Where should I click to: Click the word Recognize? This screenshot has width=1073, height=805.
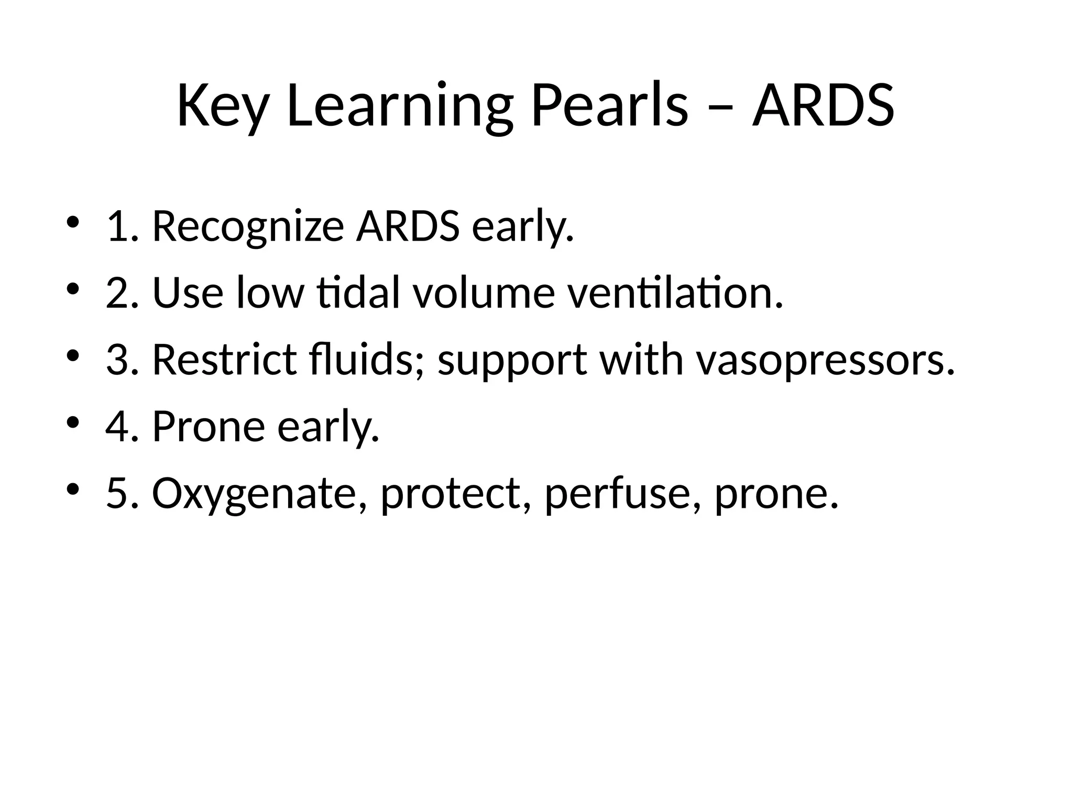tap(248, 227)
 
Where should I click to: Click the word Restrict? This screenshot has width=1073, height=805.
tap(224, 360)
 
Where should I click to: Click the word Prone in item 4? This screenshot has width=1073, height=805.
tap(209, 427)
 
